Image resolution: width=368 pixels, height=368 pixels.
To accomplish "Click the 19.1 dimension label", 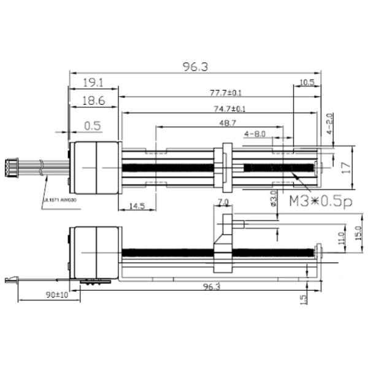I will (92, 82).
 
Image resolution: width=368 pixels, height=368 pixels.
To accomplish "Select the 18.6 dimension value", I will (92, 101).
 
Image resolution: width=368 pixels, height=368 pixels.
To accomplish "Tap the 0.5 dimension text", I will (92, 126).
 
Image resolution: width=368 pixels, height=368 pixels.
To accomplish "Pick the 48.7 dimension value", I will (227, 124).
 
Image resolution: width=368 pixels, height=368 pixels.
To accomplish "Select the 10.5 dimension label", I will (307, 82).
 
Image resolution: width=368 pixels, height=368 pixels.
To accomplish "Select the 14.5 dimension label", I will (138, 206).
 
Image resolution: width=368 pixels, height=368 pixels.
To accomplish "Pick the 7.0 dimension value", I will (223, 202).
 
